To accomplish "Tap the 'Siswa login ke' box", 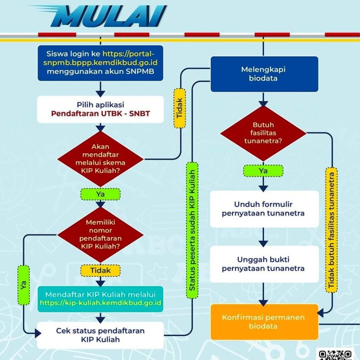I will (x=101, y=63).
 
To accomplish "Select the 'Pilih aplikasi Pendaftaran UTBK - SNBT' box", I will (x=101, y=109).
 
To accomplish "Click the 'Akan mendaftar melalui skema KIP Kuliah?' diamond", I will (x=101, y=159).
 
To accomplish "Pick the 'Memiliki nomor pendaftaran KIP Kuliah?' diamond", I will (x=101, y=234).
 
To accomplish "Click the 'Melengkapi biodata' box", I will (x=264, y=74).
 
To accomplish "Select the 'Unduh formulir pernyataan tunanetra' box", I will (x=264, y=209).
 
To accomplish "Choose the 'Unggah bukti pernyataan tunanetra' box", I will (x=264, y=264).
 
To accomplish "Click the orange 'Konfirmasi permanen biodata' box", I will (x=264, y=322).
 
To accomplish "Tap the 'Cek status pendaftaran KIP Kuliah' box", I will (x=101, y=335).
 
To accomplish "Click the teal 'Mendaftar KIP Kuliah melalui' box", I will (x=101, y=298).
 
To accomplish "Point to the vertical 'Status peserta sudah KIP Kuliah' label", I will (x=192, y=230).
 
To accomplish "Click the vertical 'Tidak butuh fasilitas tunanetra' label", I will (x=331, y=229).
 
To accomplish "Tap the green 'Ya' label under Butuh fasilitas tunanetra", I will (x=263, y=171).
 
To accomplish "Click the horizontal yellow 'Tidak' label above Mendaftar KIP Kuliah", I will (x=101, y=270).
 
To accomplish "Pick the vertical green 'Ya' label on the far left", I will (x=24, y=285).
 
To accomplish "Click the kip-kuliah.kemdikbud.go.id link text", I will (x=101, y=302).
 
